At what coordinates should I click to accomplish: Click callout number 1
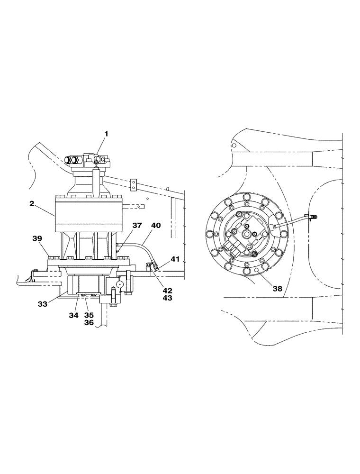tap(106, 134)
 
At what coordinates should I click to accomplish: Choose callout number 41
tap(175, 259)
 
